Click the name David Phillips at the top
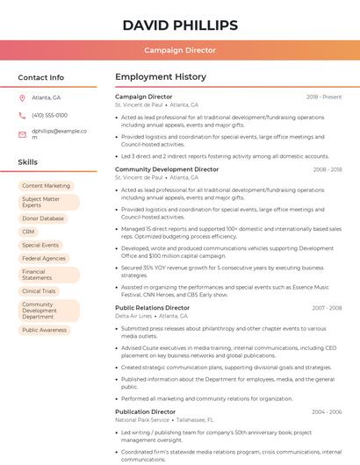pos(179,25)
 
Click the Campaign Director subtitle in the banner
pos(179,50)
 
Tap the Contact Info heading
pos(41,77)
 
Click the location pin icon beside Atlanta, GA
pos(22,97)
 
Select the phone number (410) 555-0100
pos(49,115)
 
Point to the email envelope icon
pos(22,133)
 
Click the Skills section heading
pos(28,162)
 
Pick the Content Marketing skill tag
pos(46,186)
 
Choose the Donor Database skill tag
pos(43,218)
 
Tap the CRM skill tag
pos(29,232)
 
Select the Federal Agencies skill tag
pos(44,259)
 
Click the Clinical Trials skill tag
pos(39,290)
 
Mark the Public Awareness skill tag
pos(44,330)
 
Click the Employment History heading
pos(161,77)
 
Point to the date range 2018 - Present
pos(324,97)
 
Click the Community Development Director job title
pos(167,169)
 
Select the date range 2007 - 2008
pos(327,308)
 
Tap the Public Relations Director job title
pos(152,308)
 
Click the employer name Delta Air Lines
pos(133,316)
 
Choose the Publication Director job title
pos(145,411)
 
